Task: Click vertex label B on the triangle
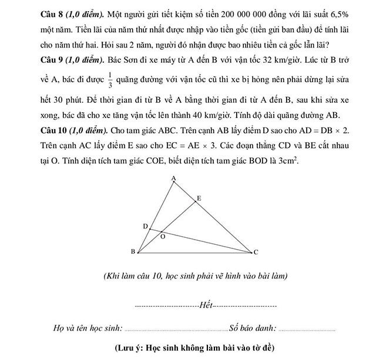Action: pyautogui.click(x=132, y=252)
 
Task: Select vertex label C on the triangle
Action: pyautogui.click(x=256, y=253)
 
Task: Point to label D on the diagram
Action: pyautogui.click(x=145, y=226)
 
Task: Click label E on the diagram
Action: pyautogui.click(x=199, y=199)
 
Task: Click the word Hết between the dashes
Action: pyautogui.click(x=206, y=305)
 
